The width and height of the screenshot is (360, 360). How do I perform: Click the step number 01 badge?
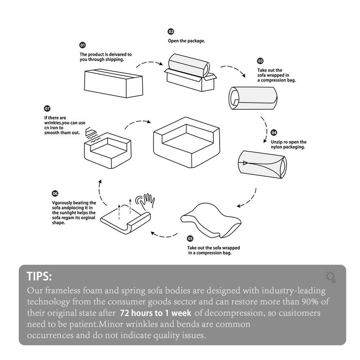(x=83, y=45)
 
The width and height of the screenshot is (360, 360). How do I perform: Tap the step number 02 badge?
(x=171, y=31)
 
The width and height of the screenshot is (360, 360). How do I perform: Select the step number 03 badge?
(x=260, y=61)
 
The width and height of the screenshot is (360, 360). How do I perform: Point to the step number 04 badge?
(x=274, y=133)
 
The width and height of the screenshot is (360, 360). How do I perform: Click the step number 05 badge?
(x=190, y=238)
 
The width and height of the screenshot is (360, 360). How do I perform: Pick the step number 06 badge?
(x=55, y=193)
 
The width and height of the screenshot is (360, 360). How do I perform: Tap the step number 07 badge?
(x=47, y=109)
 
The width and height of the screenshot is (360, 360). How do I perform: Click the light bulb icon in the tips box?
(x=330, y=276)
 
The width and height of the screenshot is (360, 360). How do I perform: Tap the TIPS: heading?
(x=39, y=276)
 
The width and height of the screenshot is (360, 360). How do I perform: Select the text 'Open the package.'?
(x=187, y=41)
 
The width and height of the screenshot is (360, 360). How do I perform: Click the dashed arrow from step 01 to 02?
(x=148, y=64)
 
